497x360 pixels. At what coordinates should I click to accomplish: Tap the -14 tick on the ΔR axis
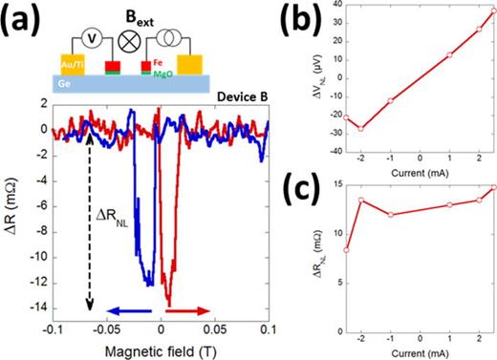coord(43,306)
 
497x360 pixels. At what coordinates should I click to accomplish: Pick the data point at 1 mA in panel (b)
coord(449,54)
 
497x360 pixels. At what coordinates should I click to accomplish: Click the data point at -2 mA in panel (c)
coord(360,200)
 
